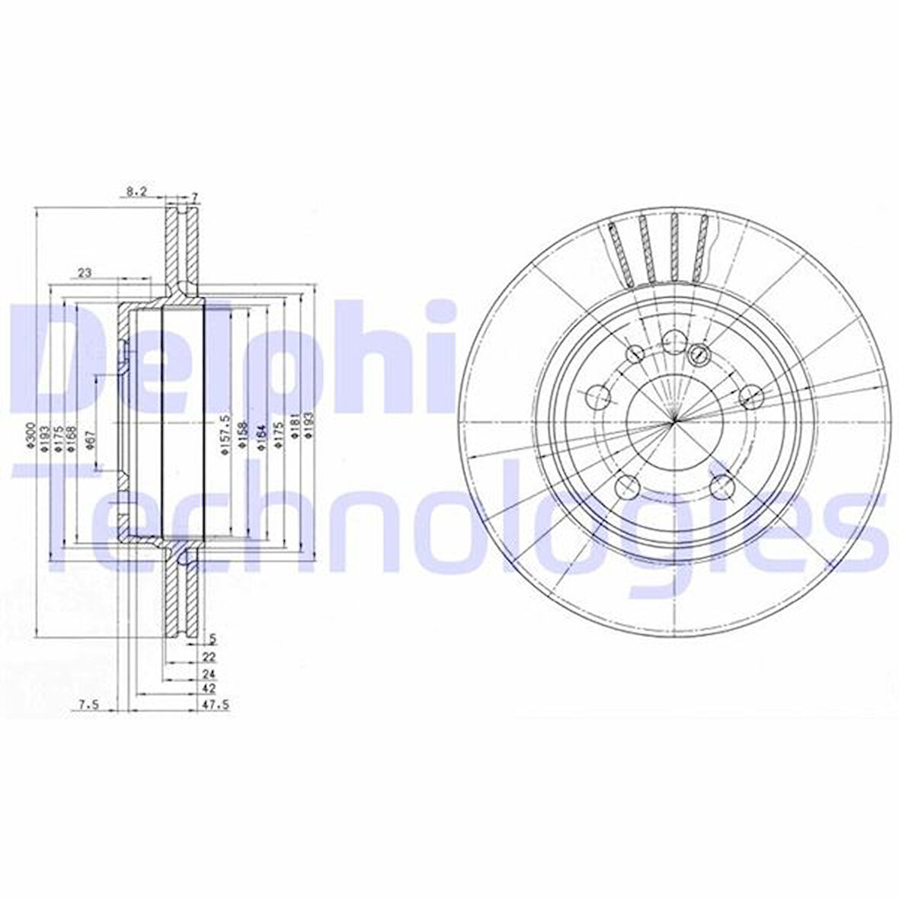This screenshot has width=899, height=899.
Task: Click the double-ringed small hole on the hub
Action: tap(698, 354)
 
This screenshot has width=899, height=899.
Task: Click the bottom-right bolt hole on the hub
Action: tap(721, 485)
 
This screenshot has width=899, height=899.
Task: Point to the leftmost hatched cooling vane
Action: tap(622, 254)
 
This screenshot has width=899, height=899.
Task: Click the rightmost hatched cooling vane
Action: tap(700, 248)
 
